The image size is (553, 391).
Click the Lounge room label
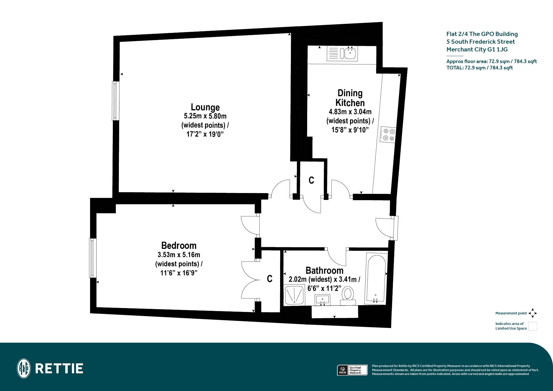(205, 107)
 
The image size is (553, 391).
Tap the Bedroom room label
(179, 246)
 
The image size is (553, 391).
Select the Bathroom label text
(324, 270)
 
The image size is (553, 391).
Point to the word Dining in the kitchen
(350, 93)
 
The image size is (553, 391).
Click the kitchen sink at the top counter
(342, 53)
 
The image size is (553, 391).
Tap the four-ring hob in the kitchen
(388, 135)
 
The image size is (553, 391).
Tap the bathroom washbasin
(322, 299)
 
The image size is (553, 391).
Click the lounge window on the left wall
(115, 101)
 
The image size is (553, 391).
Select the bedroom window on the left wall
(93, 258)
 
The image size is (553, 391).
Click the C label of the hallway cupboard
(311, 180)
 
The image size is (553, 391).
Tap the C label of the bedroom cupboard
(270, 279)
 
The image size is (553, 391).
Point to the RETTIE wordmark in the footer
(59, 369)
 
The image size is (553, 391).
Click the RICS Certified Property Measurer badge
(352, 370)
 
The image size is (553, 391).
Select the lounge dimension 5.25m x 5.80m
(205, 116)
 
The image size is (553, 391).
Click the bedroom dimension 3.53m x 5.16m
(179, 255)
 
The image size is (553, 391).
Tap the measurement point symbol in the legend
(533, 313)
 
